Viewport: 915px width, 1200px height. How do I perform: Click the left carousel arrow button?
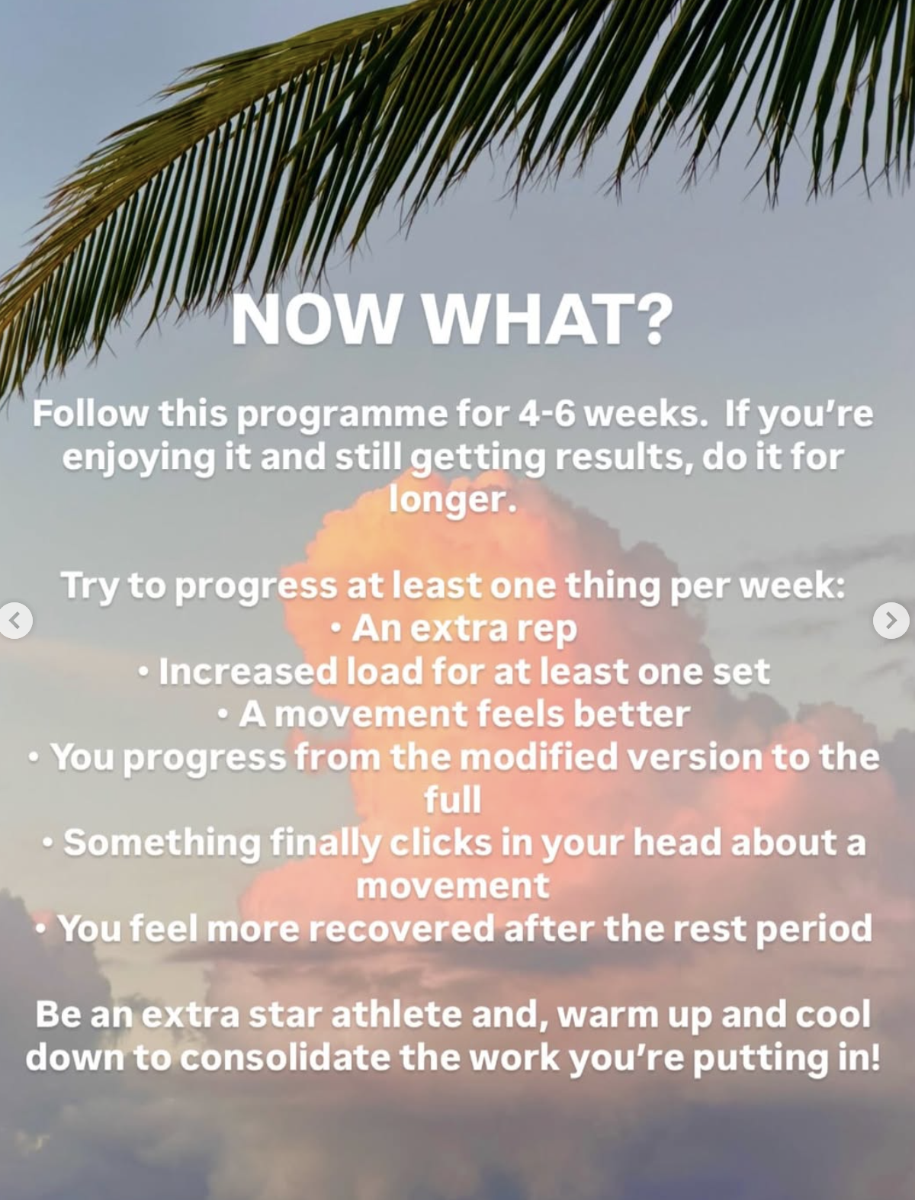pyautogui.click(x=15, y=621)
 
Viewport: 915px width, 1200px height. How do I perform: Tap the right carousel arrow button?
pyautogui.click(x=891, y=621)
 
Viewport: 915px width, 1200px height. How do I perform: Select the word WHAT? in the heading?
pyautogui.click(x=548, y=319)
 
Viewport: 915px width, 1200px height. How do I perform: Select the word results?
pyautogui.click(x=624, y=458)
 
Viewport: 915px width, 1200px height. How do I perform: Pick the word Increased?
pyautogui.click(x=248, y=672)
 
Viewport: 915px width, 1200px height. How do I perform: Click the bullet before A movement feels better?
pyautogui.click(x=222, y=714)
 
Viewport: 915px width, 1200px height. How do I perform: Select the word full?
pyautogui.click(x=453, y=799)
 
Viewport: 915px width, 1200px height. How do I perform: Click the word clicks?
pyautogui.click(x=441, y=842)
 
